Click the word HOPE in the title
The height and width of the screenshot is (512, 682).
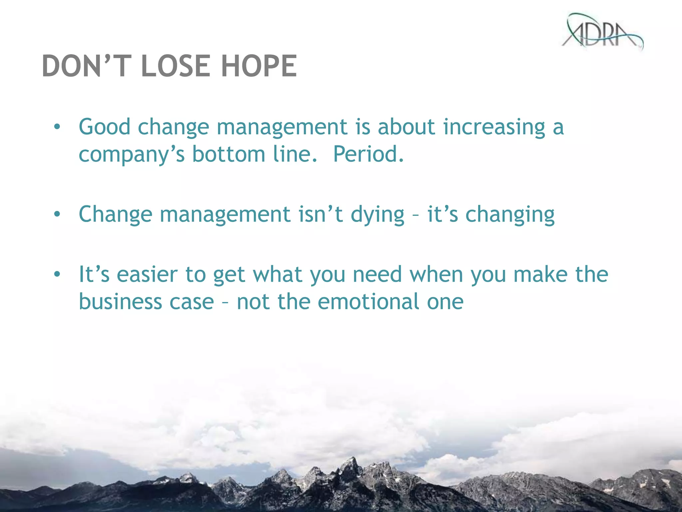[x=259, y=66]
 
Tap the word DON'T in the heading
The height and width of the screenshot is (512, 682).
[x=85, y=66]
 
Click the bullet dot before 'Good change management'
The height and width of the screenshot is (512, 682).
[x=57, y=127]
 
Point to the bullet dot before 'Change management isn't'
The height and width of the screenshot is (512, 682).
[x=57, y=214]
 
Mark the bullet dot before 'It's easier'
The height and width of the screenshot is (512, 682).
[x=57, y=274]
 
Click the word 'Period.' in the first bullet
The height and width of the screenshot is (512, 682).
[x=368, y=154]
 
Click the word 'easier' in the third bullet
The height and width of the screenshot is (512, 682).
[x=147, y=275]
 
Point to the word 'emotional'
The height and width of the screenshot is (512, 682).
[x=368, y=302]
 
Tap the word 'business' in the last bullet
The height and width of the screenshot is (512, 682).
[x=120, y=302]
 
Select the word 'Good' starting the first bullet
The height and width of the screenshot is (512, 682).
[x=104, y=127]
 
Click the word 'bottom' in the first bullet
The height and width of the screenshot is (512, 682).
[x=228, y=154]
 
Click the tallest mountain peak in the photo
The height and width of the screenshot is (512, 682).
[x=351, y=462]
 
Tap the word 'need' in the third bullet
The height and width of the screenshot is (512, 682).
[x=377, y=275]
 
